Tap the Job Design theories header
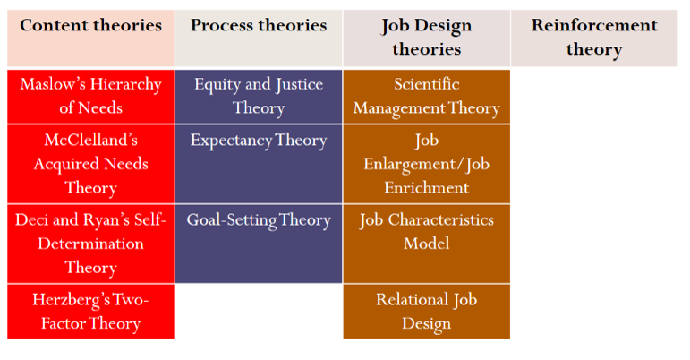[426, 37]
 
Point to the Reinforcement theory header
[593, 37]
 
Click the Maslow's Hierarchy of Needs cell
[90, 96]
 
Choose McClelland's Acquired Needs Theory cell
[90, 164]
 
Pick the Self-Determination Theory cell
[90, 244]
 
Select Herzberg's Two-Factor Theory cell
[90, 311]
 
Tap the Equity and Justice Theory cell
[259, 96]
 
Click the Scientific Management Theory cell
[426, 96]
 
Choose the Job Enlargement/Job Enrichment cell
[426, 164]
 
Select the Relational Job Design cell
[426, 311]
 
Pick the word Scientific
[426, 84]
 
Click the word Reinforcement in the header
[593, 25]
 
